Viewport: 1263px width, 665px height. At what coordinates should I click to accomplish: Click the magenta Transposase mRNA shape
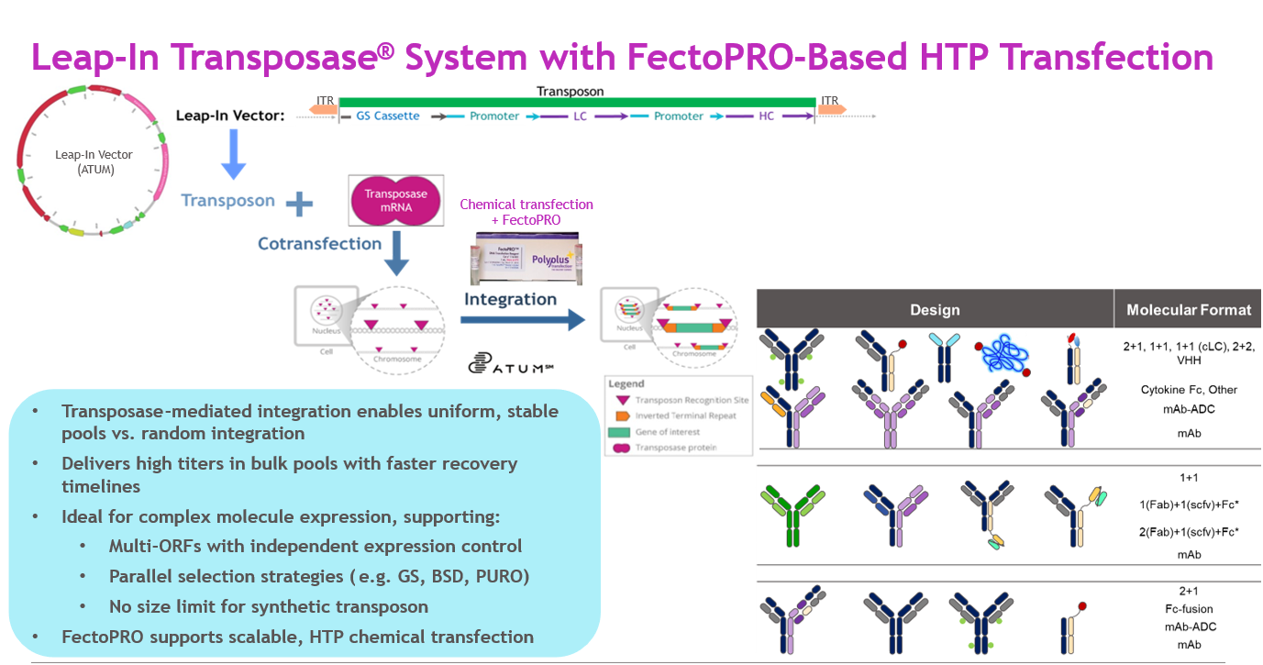(396, 201)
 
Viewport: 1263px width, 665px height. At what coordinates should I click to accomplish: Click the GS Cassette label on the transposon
(388, 116)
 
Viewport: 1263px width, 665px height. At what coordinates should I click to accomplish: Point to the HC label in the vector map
(767, 116)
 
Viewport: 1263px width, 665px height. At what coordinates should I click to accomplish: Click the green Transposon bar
(577, 102)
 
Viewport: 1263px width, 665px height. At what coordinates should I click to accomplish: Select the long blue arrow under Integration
(522, 319)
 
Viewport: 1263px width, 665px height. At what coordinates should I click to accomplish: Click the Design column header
(935, 310)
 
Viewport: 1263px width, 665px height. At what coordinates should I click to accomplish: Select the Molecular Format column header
(1189, 310)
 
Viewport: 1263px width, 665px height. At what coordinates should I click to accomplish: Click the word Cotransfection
(319, 244)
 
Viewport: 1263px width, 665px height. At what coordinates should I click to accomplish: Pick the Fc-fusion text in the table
(1189, 609)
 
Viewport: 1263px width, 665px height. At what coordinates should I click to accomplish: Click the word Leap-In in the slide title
(100, 57)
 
